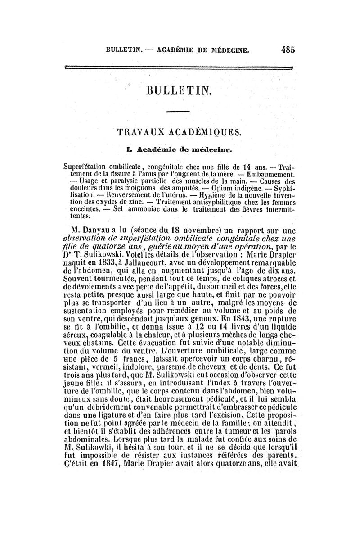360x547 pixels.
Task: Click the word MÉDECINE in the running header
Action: click(x=224, y=50)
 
